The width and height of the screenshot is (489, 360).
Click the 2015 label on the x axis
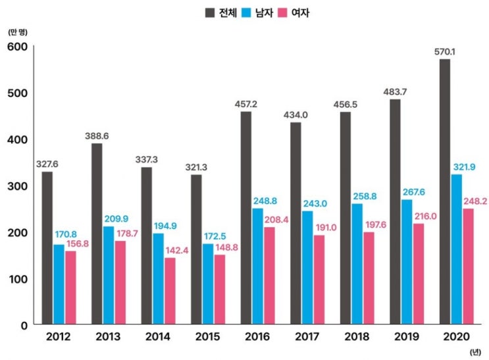[207, 338]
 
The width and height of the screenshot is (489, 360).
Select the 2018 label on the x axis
[356, 338]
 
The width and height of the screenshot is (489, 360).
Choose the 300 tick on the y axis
[16, 186]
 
